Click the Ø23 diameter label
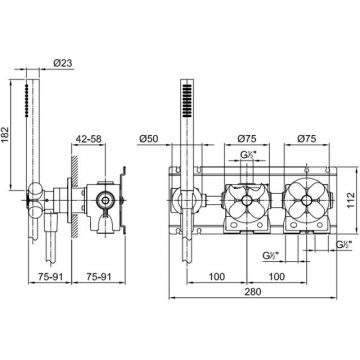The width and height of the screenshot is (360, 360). [x=63, y=63]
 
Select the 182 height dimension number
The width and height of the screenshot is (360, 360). [x=6, y=135]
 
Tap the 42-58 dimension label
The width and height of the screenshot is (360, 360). [x=88, y=139]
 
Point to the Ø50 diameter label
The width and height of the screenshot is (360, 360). [x=150, y=139]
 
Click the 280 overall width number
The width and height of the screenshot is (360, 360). [x=253, y=292]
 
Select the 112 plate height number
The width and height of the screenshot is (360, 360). [x=349, y=200]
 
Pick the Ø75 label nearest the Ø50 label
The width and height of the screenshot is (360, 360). [x=247, y=139]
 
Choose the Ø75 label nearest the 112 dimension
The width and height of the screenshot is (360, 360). [x=306, y=139]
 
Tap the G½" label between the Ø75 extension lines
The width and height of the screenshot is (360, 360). [x=247, y=154]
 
